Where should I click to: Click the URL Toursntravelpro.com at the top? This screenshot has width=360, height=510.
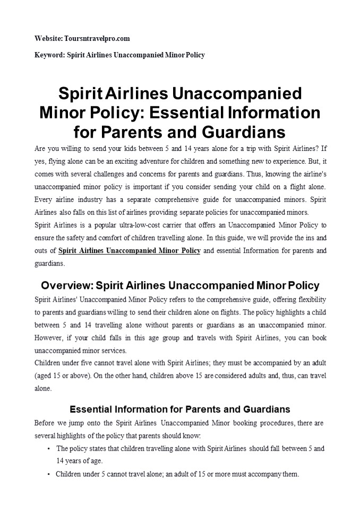97,39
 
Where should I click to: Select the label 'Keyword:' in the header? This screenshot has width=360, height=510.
48,55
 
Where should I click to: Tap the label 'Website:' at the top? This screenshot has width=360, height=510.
48,39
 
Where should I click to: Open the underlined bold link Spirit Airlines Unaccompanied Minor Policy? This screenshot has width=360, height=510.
129,251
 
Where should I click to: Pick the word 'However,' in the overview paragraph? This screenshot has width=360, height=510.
48,337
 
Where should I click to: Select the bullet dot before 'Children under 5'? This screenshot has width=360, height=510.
49,474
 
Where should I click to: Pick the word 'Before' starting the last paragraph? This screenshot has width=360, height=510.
44,423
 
